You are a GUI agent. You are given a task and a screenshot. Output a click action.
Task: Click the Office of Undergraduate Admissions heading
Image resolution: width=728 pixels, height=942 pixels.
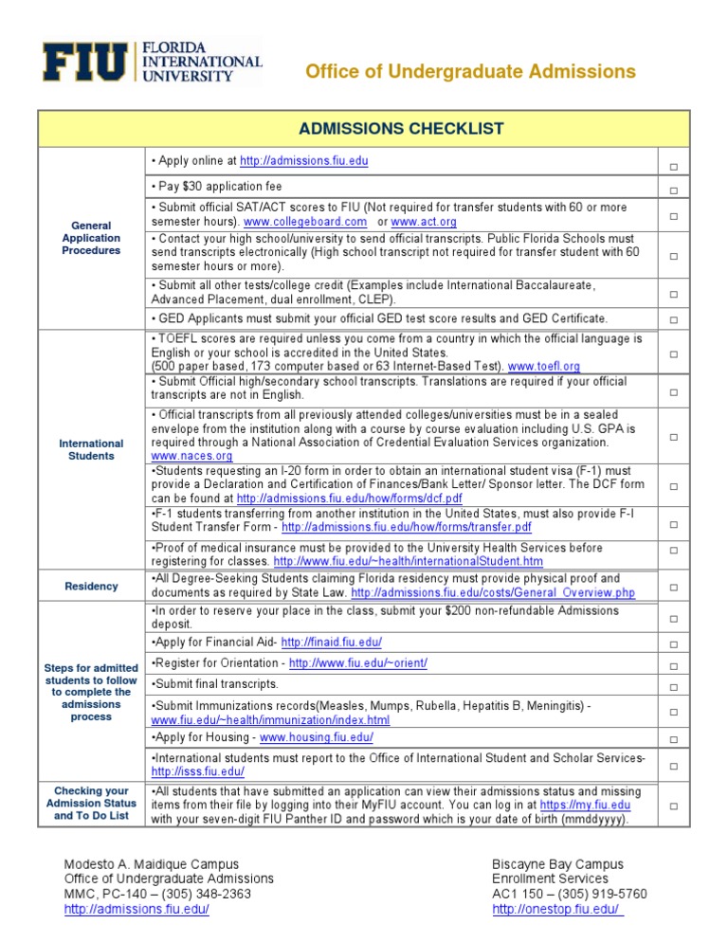click(x=470, y=72)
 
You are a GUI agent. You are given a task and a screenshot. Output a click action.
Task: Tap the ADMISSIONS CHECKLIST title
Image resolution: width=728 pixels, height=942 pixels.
click(x=401, y=129)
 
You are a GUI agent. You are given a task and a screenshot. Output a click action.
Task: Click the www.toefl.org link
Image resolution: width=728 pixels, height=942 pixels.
click(x=544, y=366)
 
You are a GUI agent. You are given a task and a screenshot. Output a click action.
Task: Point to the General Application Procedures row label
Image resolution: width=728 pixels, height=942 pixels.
click(x=90, y=238)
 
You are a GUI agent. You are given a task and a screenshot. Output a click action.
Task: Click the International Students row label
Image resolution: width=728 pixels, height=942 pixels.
click(x=91, y=449)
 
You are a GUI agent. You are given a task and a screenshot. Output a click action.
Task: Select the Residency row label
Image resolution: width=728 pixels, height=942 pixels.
click(x=91, y=586)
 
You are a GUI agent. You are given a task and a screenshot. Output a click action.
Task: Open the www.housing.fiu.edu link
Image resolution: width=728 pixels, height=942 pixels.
click(x=316, y=737)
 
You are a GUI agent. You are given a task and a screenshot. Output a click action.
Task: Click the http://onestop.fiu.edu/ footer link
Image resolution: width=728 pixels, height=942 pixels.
click(x=557, y=909)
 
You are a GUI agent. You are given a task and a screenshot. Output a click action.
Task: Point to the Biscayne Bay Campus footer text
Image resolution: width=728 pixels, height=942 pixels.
click(x=557, y=863)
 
